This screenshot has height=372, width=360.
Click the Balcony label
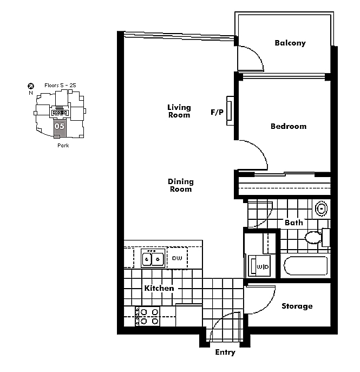290,43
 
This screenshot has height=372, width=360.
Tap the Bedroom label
289,126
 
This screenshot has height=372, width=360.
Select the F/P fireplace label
217,112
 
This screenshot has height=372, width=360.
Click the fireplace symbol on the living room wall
230,111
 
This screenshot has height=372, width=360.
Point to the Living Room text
179,111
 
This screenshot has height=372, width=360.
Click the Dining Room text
181,185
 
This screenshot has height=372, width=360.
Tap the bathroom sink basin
322,209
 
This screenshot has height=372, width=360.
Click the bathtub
305,266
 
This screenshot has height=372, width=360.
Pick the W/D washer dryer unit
259,266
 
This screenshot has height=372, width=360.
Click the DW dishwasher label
177,258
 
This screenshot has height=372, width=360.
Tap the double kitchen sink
153,258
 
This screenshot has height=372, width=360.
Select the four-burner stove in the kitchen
147,316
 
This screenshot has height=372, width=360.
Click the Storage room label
297,306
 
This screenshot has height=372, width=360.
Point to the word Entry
225,353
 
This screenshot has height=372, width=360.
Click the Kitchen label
159,288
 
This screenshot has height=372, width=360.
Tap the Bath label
294,223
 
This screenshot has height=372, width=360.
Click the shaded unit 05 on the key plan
60,128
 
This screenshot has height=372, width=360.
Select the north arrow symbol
31,86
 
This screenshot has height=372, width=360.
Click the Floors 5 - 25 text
60,85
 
